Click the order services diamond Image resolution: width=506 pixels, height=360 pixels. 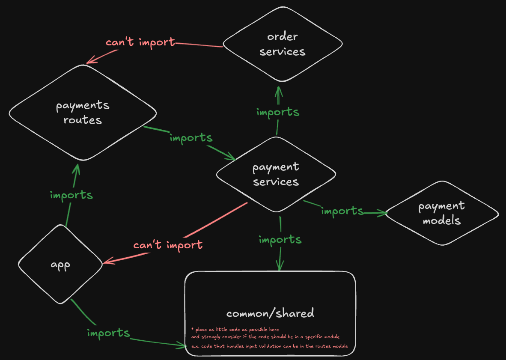click(283, 44)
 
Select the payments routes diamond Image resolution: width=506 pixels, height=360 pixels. click(83, 113)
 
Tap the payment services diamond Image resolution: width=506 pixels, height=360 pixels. click(276, 174)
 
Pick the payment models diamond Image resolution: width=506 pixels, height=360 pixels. click(441, 213)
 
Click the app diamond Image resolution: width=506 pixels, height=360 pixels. click(60, 265)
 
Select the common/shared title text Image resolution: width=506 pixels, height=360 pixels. click(270, 313)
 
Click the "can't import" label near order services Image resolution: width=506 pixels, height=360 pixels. click(140, 42)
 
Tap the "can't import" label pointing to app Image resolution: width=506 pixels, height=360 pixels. click(168, 245)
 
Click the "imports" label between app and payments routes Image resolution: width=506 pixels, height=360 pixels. click(71, 195)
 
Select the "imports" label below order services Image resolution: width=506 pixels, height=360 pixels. click(277, 112)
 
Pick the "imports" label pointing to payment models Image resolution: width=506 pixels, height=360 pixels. click(342, 211)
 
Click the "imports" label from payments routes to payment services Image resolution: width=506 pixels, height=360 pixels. click(191, 138)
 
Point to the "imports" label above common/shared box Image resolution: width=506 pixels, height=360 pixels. click(280, 239)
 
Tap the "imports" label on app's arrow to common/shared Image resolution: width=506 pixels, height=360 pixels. click(108, 333)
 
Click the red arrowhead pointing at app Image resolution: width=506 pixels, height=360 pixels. click(106, 262)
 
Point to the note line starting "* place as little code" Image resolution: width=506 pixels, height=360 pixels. click(235, 330)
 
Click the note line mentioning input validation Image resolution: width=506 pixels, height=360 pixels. click(269, 346)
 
